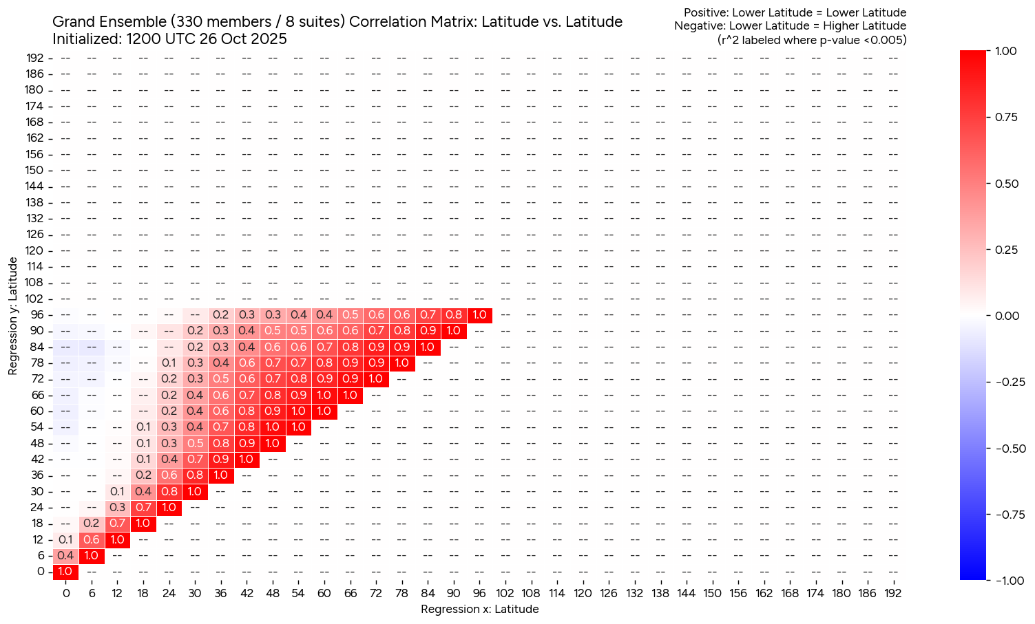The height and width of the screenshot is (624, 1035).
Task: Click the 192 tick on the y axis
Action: pyautogui.click(x=35, y=58)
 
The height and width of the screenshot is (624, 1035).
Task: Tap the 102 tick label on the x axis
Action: pyautogui.click(x=505, y=593)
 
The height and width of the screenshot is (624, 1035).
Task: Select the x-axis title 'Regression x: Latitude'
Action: pyautogui.click(x=479, y=609)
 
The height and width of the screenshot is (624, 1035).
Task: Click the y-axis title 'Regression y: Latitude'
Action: pyautogui.click(x=13, y=316)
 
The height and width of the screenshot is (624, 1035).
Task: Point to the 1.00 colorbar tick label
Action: pyautogui.click(x=1006, y=51)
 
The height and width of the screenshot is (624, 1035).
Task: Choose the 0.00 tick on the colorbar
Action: pyautogui.click(x=1006, y=316)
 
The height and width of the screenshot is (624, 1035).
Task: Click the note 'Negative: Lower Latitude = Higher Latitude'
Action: pyautogui.click(x=790, y=26)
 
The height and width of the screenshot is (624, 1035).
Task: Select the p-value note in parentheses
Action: pyautogui.click(x=812, y=40)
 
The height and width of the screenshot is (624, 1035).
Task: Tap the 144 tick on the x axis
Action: pyautogui.click(x=686, y=593)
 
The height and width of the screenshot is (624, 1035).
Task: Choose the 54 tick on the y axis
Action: pyautogui.click(x=37, y=427)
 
